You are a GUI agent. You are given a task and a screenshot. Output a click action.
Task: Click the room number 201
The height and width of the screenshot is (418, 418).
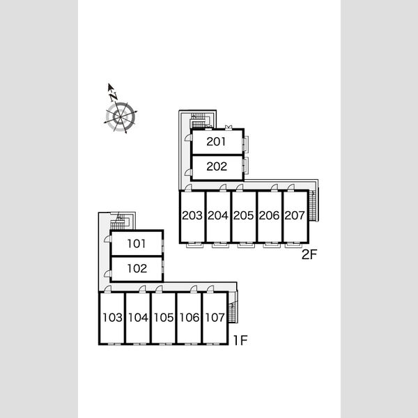pyautogui.click(x=216, y=141)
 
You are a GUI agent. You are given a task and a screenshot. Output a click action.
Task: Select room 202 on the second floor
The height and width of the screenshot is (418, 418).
pyautogui.click(x=217, y=167)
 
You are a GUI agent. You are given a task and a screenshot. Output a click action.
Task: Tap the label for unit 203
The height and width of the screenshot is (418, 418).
pyautogui.click(x=192, y=215)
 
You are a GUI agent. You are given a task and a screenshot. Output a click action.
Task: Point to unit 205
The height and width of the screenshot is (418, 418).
pyautogui.click(x=243, y=215)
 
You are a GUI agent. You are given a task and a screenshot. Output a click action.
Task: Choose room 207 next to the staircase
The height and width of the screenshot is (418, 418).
pyautogui.click(x=295, y=215)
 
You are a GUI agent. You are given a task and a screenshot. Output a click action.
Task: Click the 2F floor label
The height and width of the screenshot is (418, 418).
pyautogui.click(x=309, y=254)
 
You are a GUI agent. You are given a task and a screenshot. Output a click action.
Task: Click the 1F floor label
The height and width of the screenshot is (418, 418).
pyautogui.click(x=241, y=340)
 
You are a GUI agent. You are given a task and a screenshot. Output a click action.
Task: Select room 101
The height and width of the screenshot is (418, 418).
pyautogui.click(x=137, y=244)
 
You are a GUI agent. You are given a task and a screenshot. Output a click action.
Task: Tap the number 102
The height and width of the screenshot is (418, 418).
pyautogui.click(x=137, y=268)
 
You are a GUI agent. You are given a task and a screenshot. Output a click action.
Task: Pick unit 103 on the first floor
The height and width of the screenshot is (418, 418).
pyautogui.click(x=112, y=318)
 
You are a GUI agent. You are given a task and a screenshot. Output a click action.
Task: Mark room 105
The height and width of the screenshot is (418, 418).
pyautogui.click(x=164, y=318)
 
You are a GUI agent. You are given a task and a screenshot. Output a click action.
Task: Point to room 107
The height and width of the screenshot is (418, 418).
pyautogui.click(x=215, y=318)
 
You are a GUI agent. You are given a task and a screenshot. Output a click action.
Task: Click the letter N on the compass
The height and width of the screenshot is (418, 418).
pyautogui.click(x=114, y=97)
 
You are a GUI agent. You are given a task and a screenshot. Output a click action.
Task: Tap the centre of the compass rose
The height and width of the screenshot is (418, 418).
pyautogui.click(x=121, y=117)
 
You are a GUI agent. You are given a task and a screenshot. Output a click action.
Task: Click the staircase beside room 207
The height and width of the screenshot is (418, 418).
pyautogui.click(x=312, y=206)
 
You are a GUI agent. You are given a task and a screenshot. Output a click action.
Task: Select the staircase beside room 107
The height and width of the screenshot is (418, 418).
pyautogui.click(x=232, y=307)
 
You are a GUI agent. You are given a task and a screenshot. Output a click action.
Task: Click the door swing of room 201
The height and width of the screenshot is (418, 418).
pyautogui.click(x=189, y=137)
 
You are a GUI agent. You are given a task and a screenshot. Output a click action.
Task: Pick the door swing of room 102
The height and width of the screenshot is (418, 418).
pyautogui.click(x=107, y=274)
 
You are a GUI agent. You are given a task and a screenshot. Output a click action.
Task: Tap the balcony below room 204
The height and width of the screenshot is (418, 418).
pyautogui.click(x=220, y=245)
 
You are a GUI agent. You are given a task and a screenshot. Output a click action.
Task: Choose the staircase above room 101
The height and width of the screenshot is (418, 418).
pyautogui.click(x=119, y=221)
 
